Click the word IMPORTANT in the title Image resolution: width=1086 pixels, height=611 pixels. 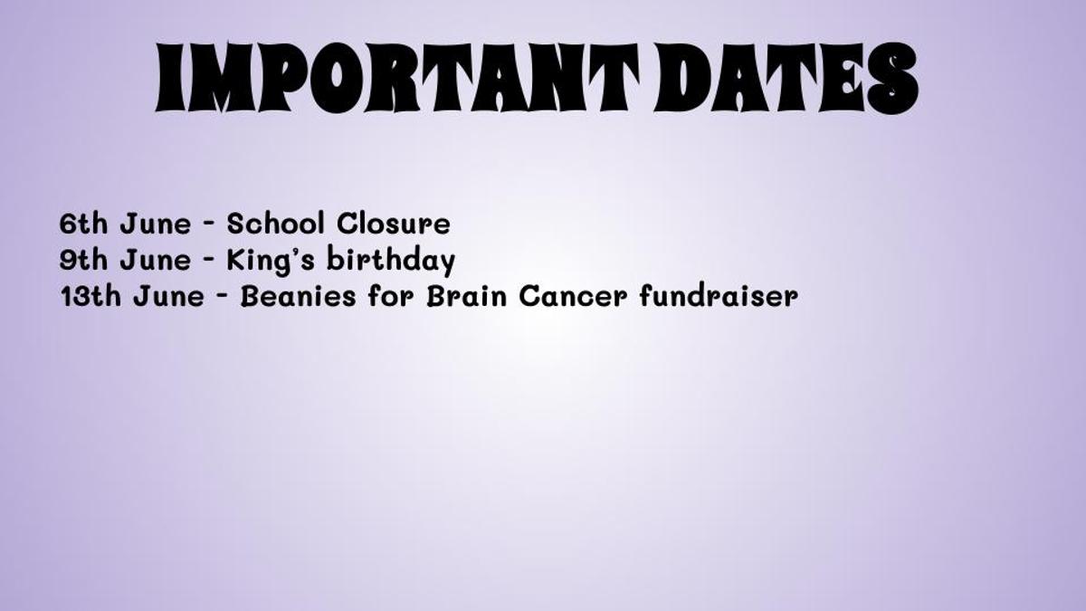pyautogui.click(x=396, y=78)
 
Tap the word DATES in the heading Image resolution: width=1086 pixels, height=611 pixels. pyautogui.click(x=786, y=78)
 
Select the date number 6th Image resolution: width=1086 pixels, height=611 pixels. pyautogui.click(x=83, y=224)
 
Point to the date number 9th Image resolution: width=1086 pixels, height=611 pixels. pyautogui.click(x=83, y=260)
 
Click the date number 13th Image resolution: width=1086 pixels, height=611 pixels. pyautogui.click(x=90, y=296)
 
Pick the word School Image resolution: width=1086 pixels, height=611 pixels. pyautogui.click(x=275, y=224)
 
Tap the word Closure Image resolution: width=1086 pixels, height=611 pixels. pyautogui.click(x=393, y=224)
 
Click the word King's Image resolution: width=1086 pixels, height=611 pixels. pyautogui.click(x=271, y=260)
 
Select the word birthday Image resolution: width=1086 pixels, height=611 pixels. pyautogui.click(x=391, y=260)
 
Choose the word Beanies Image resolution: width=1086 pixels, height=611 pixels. pyautogui.click(x=298, y=296)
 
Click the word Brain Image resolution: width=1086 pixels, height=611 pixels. pyautogui.click(x=466, y=296)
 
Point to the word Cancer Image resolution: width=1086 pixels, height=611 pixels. pyautogui.click(x=573, y=296)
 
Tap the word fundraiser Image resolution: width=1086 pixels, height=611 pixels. pyautogui.click(x=719, y=295)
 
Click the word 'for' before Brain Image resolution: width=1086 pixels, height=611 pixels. pyautogui.click(x=391, y=295)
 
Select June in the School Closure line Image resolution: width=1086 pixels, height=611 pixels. pyautogui.click(x=156, y=224)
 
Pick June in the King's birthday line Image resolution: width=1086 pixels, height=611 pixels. pyautogui.click(x=156, y=260)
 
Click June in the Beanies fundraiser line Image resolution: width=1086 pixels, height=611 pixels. pyautogui.click(x=169, y=296)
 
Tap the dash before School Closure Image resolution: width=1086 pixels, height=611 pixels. pyautogui.click(x=209, y=224)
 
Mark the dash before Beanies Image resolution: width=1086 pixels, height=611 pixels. pyautogui.click(x=223, y=297)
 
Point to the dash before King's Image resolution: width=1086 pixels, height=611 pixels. pyautogui.click(x=209, y=261)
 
